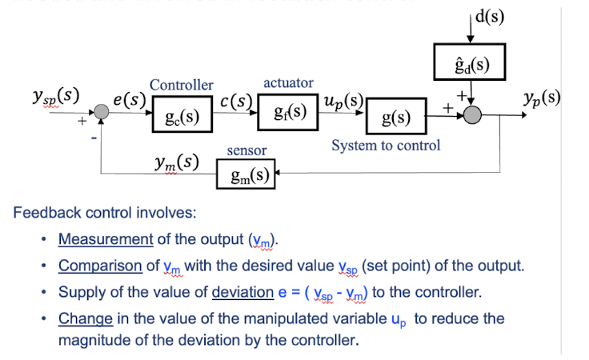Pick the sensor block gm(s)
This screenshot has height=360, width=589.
[247, 174]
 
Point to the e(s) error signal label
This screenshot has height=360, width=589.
[128, 99]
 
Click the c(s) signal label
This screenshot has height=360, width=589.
[237, 102]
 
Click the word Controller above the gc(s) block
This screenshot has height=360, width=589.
[182, 85]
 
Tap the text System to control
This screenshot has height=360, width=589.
[386, 146]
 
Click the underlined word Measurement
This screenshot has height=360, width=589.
[105, 239]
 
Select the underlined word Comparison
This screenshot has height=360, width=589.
[101, 266]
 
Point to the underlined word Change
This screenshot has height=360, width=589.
[85, 318]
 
